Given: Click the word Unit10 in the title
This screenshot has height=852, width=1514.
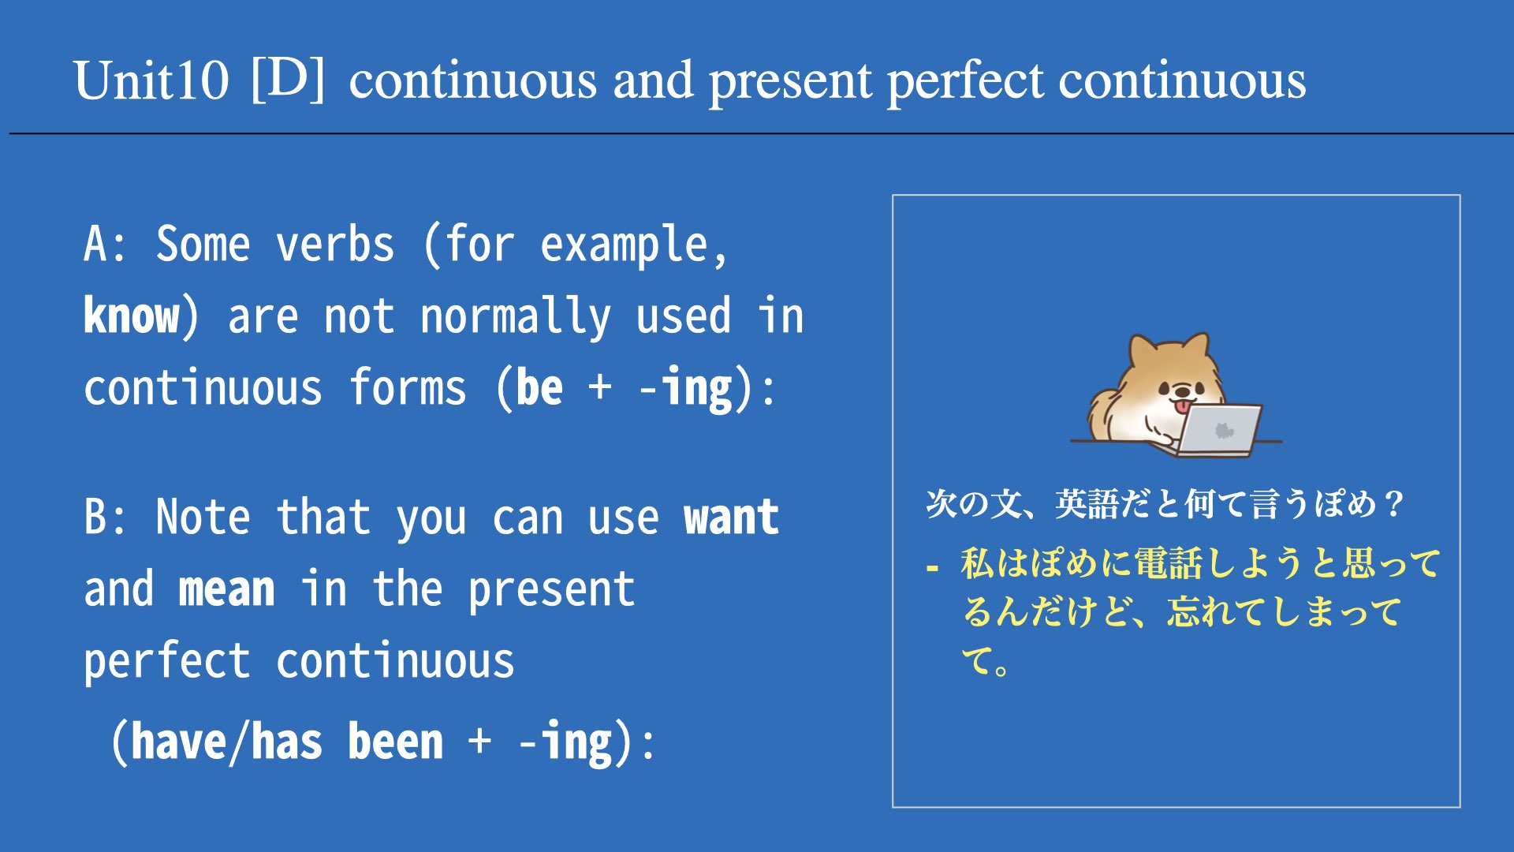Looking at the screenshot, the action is click(151, 80).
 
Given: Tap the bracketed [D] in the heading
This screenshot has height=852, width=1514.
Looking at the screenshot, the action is click(288, 79).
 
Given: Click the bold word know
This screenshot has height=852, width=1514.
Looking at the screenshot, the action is click(132, 316).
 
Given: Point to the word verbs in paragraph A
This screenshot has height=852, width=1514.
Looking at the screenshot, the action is click(335, 244).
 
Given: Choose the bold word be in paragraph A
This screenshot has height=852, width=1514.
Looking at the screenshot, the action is click(539, 387).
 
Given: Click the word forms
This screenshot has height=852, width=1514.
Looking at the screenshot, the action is click(408, 387).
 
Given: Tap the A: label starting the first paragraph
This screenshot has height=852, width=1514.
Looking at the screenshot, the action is click(105, 244).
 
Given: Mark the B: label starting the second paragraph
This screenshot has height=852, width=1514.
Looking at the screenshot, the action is click(105, 517).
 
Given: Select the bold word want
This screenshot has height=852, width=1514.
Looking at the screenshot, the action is click(732, 518).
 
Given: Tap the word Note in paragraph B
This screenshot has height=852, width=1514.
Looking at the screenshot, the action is click(203, 517).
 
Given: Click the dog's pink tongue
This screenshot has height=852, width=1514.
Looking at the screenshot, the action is click(1183, 406).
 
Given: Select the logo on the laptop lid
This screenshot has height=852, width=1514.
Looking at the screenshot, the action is click(1224, 431).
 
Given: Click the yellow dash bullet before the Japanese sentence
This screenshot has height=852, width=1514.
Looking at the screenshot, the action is click(933, 567).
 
